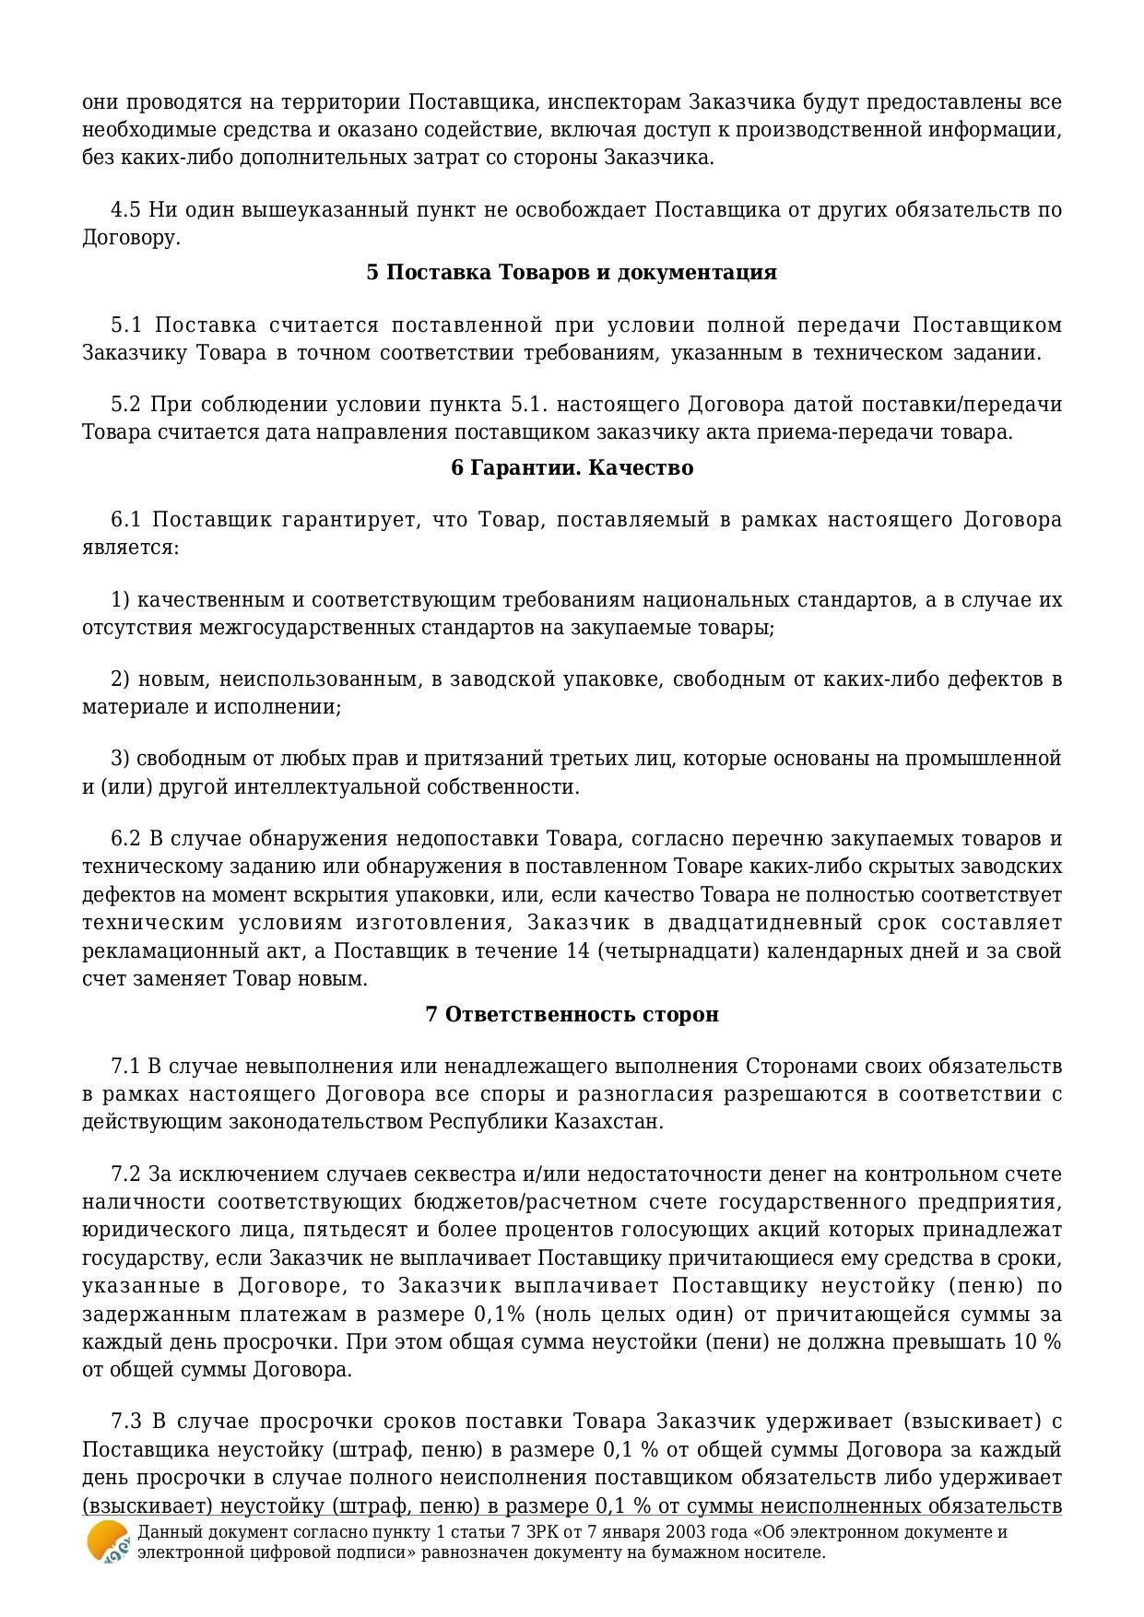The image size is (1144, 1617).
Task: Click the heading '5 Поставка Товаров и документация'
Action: pos(572,273)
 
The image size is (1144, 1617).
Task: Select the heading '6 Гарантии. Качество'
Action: pos(572,468)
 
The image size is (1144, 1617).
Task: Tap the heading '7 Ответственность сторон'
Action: pos(572,1015)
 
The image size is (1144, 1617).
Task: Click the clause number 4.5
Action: pos(126,210)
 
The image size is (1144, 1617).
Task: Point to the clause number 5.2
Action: pos(126,405)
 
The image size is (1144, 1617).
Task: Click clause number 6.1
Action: pos(126,520)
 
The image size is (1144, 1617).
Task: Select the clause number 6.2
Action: pos(126,839)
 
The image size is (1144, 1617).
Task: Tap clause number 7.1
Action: pos(126,1067)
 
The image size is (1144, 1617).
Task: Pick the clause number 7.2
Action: pos(126,1174)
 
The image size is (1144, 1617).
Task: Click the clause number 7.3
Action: pos(126,1422)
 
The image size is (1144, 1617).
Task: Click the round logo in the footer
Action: pos(108,1542)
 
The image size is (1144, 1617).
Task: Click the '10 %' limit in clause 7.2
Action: pos(1037,1341)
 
